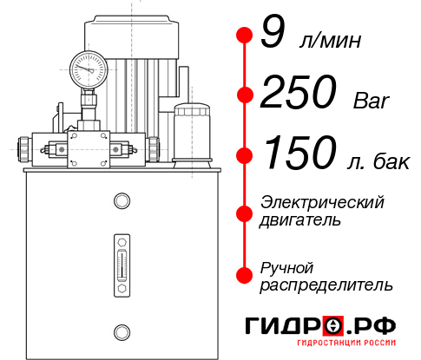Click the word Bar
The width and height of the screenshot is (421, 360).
tap(372, 101)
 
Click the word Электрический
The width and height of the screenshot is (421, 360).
tap(322, 202)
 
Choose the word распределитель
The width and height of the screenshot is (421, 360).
tap(326, 285)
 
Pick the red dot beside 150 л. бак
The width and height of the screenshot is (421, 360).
tap(244, 154)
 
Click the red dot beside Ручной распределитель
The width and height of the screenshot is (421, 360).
tap(244, 274)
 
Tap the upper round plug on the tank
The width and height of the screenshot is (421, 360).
tap(122, 202)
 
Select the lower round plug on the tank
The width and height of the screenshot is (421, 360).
tap(122, 330)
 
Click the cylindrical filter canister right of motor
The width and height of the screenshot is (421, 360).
tap(190, 132)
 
